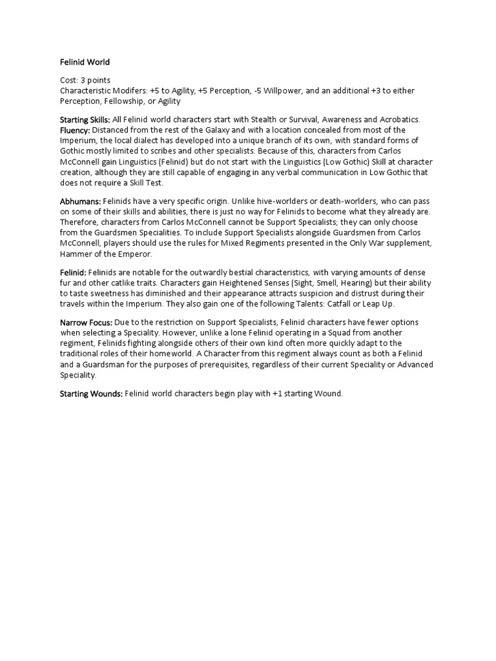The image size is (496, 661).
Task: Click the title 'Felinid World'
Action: (x=85, y=63)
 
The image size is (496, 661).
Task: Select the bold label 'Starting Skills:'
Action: (x=85, y=119)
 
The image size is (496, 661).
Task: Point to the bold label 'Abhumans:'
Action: (x=81, y=201)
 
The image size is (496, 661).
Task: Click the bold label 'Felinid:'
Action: (x=73, y=273)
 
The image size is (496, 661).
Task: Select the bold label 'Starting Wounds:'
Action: (x=91, y=393)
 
